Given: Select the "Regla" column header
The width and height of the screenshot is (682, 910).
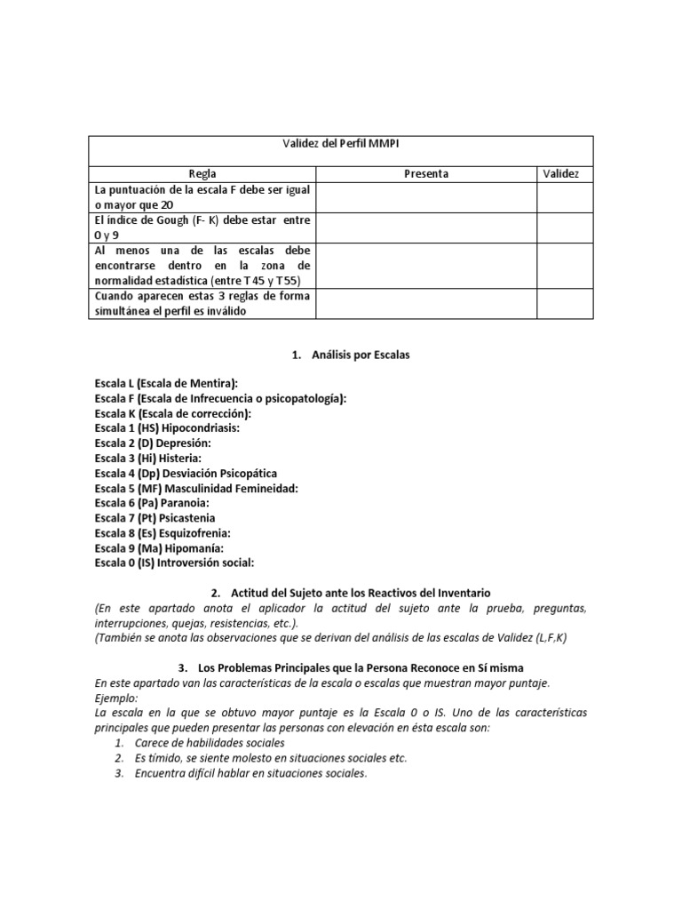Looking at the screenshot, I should [202, 174].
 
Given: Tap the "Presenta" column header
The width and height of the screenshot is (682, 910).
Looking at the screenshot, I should [426, 174].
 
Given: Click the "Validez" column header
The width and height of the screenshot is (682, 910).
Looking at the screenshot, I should [560, 174].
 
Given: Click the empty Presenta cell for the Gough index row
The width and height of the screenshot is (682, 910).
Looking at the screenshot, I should [426, 227].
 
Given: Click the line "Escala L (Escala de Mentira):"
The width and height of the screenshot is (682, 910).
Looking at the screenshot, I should [166, 384].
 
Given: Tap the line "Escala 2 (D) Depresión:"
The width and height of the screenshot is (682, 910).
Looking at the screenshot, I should [154, 443].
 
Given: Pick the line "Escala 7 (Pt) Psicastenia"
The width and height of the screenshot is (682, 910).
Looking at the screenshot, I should [155, 518].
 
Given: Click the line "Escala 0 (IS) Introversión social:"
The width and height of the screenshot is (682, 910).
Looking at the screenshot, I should [174, 563].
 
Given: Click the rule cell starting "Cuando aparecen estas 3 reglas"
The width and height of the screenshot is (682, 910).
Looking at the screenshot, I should [202, 303].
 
